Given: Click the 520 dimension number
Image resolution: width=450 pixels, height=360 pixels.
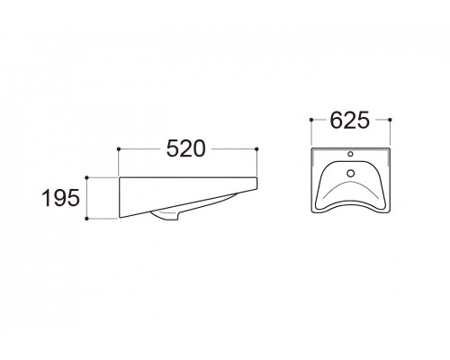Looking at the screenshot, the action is click(x=186, y=148).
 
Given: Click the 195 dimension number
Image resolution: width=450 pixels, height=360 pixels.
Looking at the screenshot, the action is click(x=61, y=198).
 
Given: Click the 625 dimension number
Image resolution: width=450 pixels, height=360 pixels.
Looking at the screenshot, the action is click(x=350, y=121).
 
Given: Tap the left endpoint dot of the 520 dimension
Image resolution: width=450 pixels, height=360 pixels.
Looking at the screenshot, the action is click(x=119, y=148).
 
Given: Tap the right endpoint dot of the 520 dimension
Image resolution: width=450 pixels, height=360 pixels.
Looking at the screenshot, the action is click(x=256, y=148).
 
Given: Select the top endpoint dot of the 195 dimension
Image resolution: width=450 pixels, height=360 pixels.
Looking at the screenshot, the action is click(x=87, y=177).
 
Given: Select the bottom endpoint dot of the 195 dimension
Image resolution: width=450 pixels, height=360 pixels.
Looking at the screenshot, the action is click(x=87, y=219).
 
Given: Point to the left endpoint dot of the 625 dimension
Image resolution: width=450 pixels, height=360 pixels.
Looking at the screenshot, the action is click(x=311, y=120).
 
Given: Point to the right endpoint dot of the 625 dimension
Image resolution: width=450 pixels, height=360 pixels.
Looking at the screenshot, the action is click(x=390, y=120).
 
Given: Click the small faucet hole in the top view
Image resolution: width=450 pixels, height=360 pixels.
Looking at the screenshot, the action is click(x=350, y=154).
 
